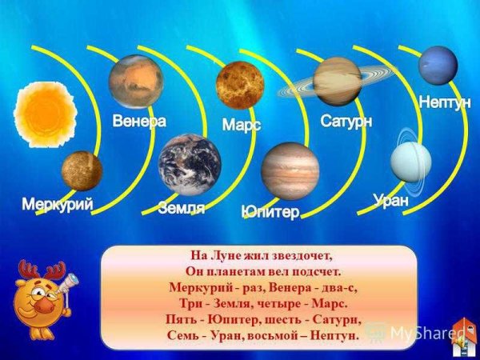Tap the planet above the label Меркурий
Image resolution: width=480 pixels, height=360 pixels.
coord(82,170)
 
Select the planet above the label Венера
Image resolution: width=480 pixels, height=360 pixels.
coord(136,82)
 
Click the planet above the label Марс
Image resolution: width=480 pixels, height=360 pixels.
coord(240,85)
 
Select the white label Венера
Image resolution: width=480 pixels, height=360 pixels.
coord(139,122)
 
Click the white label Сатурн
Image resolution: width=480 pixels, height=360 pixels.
coord(347,122)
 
